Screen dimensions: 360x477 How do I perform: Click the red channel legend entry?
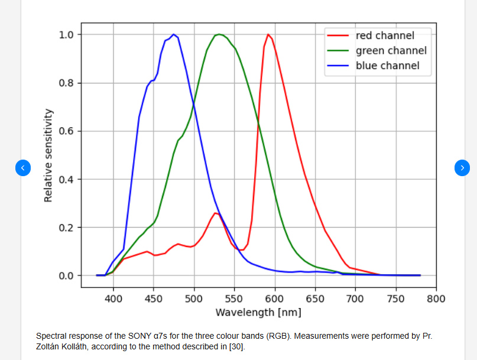[x=385, y=35]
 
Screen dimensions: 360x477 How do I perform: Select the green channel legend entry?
[x=391, y=50]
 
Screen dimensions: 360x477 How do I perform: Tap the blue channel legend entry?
[x=387, y=66]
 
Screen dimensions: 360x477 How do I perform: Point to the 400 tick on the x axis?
[x=113, y=299]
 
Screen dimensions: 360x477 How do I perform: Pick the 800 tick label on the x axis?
[x=436, y=299]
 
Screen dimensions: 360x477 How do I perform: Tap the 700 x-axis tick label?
[x=356, y=299]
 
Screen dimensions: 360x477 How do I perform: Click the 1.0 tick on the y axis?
[x=66, y=34]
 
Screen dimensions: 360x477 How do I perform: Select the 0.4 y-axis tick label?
[x=66, y=179]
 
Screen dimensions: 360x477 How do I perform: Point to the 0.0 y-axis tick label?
[x=66, y=275]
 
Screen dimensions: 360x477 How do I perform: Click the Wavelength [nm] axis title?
[x=258, y=312]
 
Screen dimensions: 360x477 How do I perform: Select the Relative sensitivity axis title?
[x=48, y=155]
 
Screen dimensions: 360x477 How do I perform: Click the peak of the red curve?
[x=268, y=34]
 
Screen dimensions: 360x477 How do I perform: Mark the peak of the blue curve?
[x=173, y=34]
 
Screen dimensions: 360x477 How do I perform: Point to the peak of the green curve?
[x=219, y=34]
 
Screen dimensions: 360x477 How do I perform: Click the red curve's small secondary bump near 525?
[x=216, y=213]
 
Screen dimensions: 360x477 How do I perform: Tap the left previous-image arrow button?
[x=22, y=168]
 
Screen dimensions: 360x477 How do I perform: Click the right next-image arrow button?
[x=462, y=168]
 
